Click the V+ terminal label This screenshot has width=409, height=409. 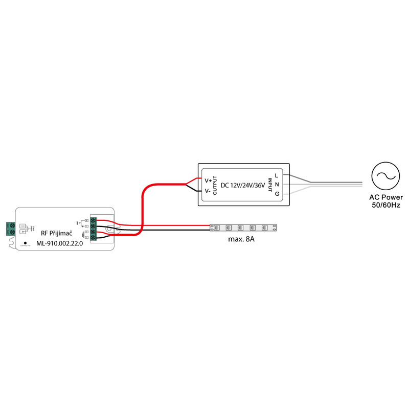tap(208, 180)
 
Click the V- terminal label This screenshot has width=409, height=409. tap(208, 191)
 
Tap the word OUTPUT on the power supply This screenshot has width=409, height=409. tap(215, 185)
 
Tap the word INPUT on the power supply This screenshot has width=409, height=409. tap(270, 185)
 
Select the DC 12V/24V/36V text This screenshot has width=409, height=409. tap(242, 185)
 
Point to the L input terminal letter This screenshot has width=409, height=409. tap(277, 176)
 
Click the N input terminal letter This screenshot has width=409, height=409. tap(277, 185)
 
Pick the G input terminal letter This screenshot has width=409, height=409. tap(277, 193)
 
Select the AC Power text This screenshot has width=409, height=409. tap(386, 197)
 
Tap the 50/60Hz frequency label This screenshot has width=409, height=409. tap(386, 204)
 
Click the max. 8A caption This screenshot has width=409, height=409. tap(242, 239)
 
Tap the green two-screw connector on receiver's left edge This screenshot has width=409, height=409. tap(10, 228)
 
